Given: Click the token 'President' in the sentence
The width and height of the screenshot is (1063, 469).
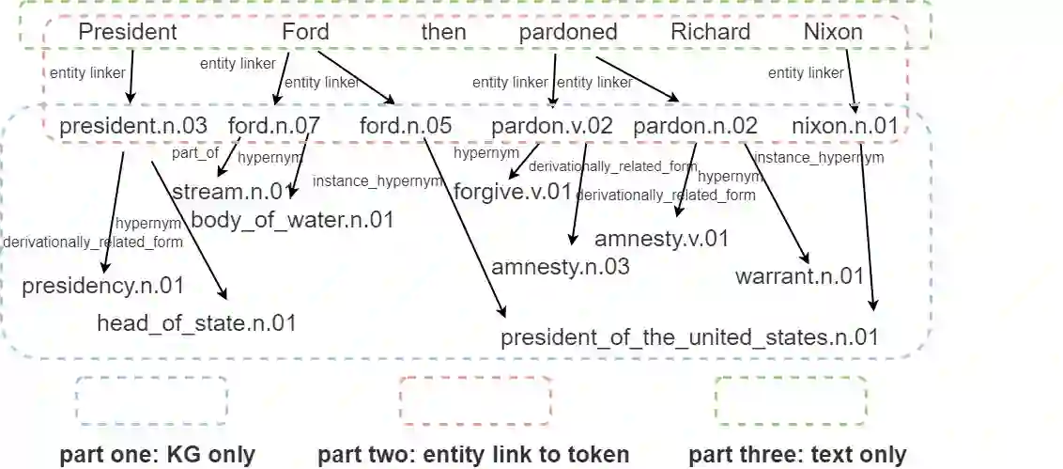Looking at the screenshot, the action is click(128, 32).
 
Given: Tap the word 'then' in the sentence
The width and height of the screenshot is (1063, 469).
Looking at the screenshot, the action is click(443, 32).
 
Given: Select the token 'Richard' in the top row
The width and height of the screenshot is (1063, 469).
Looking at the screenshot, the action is click(710, 32).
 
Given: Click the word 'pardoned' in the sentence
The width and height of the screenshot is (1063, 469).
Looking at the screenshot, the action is click(568, 32).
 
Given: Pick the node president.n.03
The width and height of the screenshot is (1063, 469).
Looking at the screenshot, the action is click(133, 126).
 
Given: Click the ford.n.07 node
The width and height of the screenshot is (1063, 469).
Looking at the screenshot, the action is click(274, 126).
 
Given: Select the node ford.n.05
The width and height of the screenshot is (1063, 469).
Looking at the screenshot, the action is click(406, 126).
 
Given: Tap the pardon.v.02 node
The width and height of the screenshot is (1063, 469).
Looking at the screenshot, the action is click(552, 126).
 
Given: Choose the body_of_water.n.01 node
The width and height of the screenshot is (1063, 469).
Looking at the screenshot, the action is click(292, 221).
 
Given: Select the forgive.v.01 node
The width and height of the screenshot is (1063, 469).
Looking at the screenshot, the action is click(513, 193).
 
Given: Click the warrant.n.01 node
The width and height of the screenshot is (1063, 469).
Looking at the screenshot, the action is click(799, 276).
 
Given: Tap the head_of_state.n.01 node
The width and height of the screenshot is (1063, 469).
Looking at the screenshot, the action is click(196, 324).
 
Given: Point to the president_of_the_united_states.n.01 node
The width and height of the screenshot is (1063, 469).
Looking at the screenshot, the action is click(689, 337).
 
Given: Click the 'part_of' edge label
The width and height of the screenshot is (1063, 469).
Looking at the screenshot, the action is click(195, 152).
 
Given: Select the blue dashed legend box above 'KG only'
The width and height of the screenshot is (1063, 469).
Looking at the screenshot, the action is click(151, 400).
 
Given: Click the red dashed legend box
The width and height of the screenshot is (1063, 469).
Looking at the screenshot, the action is click(475, 400).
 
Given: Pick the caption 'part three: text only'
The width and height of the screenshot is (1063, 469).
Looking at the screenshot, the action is click(797, 456).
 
